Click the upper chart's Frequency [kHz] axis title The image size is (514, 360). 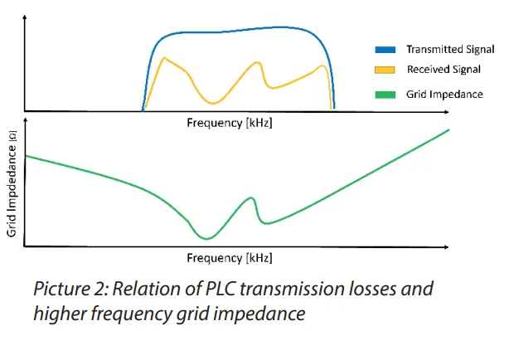[x=229, y=122]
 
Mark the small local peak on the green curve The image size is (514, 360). [x=250, y=197]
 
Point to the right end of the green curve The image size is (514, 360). [x=449, y=130]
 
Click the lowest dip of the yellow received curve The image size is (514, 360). [x=214, y=103]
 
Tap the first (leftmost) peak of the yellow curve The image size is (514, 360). [x=165, y=58]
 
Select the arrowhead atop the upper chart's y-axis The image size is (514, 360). [x=26, y=17]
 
